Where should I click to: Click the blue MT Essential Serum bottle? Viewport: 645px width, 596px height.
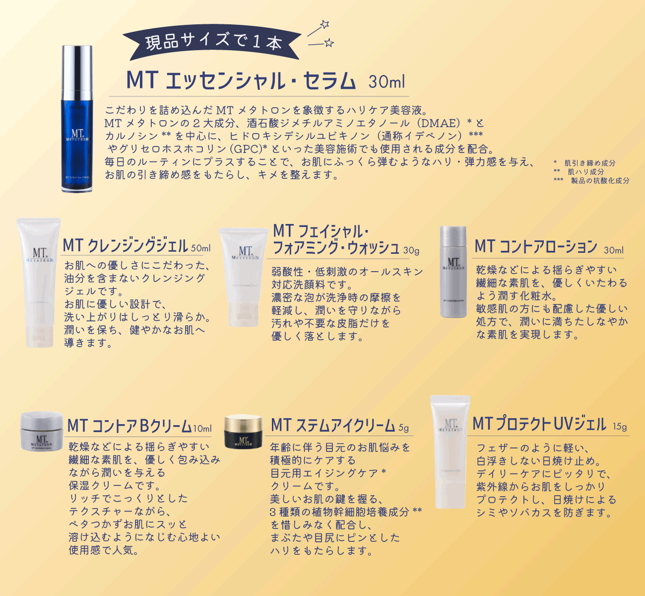(x=76, y=119)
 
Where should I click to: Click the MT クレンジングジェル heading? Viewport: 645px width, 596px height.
(x=126, y=245)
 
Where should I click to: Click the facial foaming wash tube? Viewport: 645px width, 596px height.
(x=244, y=276)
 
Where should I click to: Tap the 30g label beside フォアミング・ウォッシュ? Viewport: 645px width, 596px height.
(x=411, y=250)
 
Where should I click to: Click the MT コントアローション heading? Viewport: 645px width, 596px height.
(x=536, y=246)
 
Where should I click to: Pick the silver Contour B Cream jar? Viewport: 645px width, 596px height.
(x=42, y=432)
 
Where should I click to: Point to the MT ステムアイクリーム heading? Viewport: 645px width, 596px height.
(x=333, y=426)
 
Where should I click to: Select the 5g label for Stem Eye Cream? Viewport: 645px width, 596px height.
(x=403, y=428)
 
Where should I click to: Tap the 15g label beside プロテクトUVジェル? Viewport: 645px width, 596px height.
(x=620, y=427)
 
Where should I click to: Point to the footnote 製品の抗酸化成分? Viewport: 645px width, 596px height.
(x=600, y=181)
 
